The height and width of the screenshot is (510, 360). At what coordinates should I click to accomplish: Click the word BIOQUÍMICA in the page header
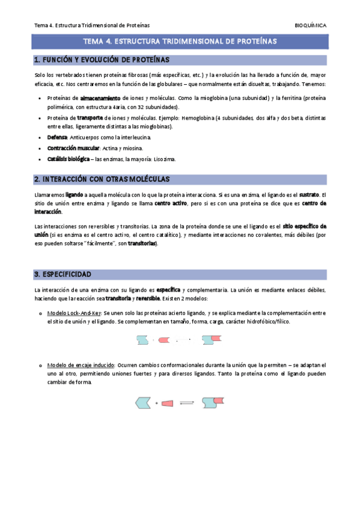click(x=311, y=25)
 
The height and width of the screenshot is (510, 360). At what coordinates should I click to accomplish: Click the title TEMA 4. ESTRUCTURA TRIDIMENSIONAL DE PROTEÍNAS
click(x=180, y=42)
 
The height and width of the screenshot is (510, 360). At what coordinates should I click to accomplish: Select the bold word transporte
click(x=91, y=118)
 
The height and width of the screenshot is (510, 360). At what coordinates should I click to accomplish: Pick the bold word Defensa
click(x=56, y=138)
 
